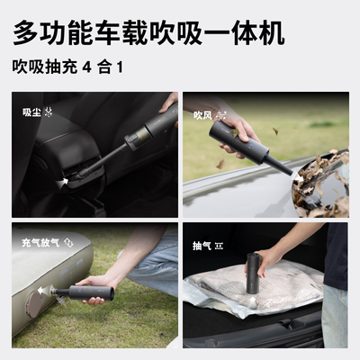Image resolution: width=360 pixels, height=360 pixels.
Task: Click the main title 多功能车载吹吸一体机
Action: (x=148, y=33)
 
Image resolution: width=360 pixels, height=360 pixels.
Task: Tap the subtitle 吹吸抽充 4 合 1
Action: (x=67, y=67)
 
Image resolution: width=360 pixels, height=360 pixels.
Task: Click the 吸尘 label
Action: (x=31, y=112)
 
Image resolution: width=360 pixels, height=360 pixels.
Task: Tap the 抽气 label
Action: (x=202, y=245)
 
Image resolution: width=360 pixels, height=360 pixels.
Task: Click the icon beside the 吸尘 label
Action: (x=49, y=112)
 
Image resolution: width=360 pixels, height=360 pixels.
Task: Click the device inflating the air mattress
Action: (x=85, y=292)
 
